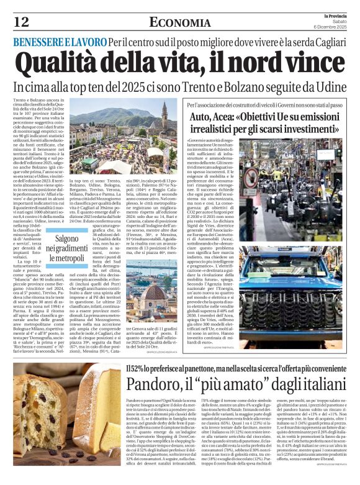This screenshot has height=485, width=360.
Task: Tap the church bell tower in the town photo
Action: pyautogui.click(x=164, y=115)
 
